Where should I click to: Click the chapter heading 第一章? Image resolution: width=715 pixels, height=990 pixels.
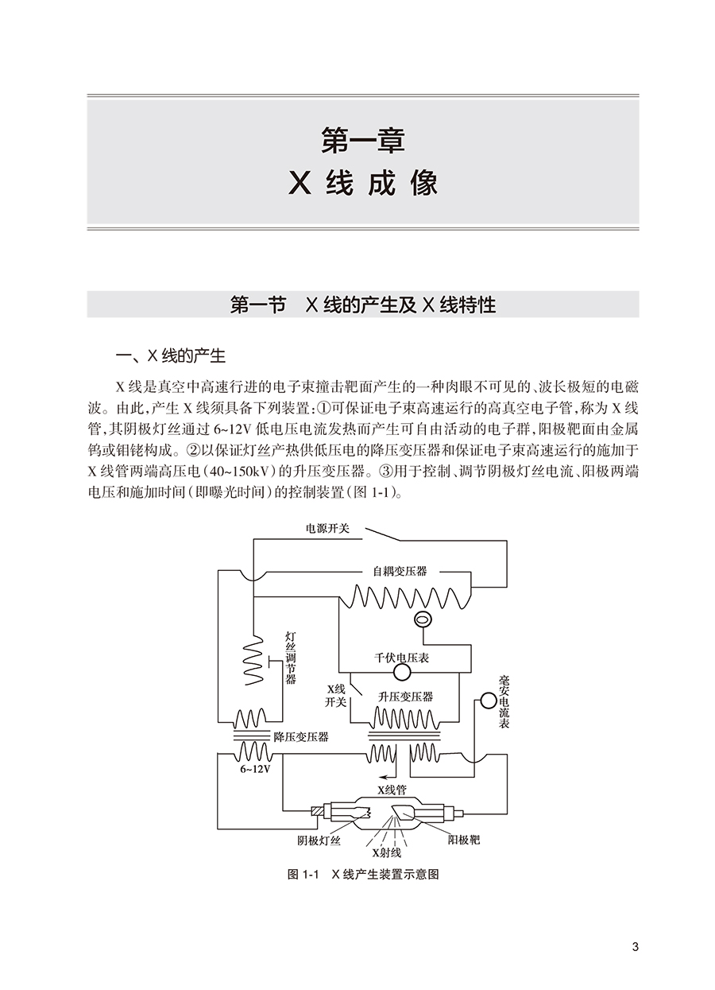point(363,142)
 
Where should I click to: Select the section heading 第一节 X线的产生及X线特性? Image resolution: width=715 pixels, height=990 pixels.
point(362,305)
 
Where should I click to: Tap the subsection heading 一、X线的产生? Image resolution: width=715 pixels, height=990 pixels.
point(171,355)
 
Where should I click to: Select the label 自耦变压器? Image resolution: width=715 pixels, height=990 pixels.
point(400,571)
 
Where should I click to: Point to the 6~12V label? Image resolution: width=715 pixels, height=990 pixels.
point(255,770)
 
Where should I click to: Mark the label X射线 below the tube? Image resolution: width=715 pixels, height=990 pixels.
point(387,855)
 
